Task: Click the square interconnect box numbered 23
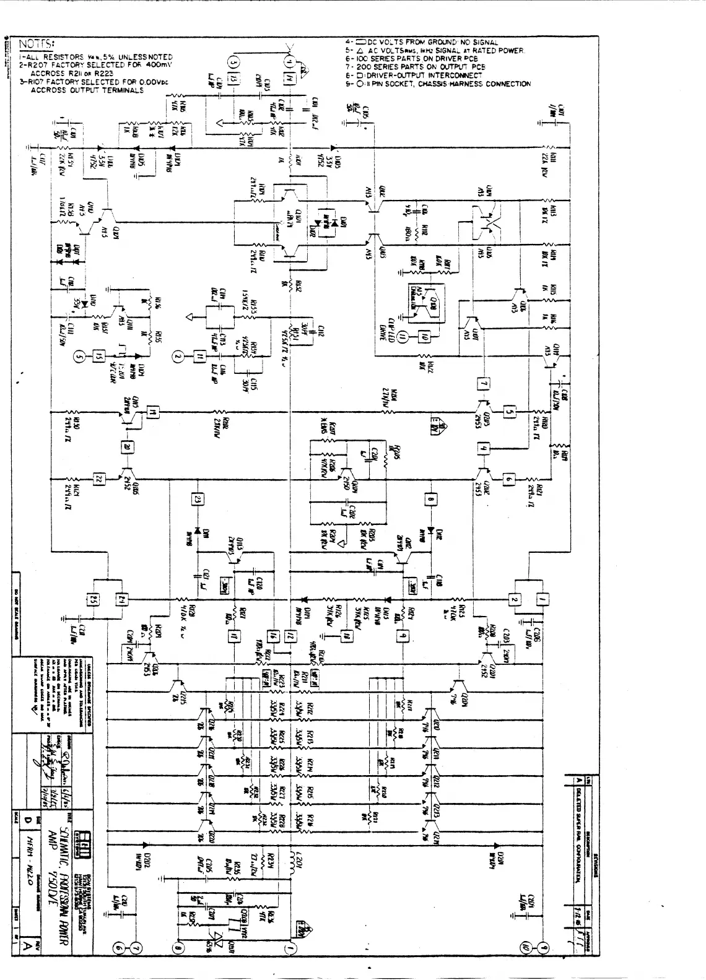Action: click(198, 499)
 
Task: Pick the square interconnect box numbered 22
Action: click(98, 479)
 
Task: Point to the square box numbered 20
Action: click(127, 448)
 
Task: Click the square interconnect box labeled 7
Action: click(484, 384)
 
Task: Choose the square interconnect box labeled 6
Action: click(508, 478)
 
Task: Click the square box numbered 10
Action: click(424, 336)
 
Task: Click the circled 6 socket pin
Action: click(118, 948)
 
